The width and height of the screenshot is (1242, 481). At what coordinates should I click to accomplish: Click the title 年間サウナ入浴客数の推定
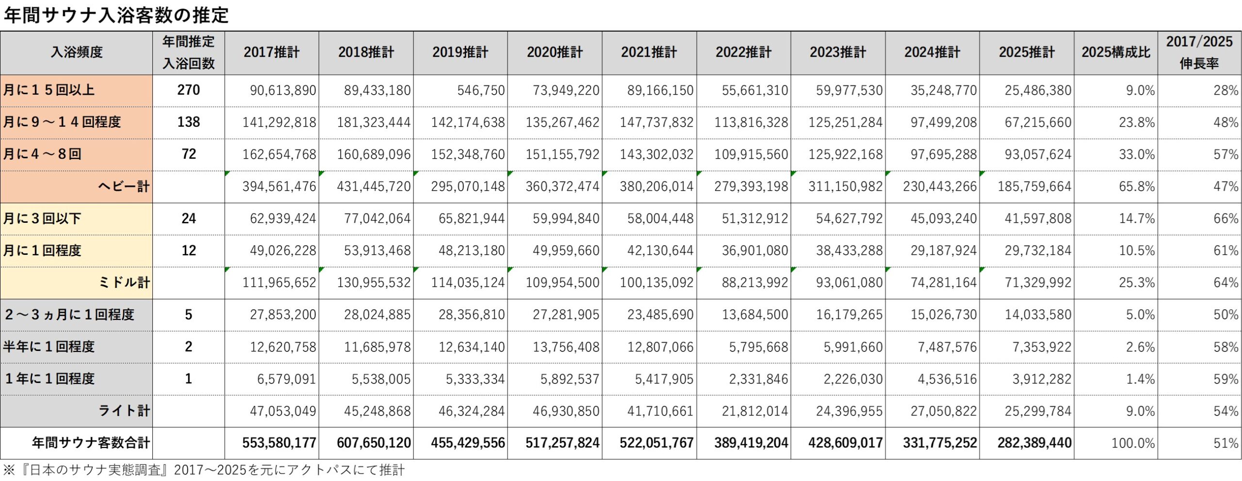[x=116, y=16]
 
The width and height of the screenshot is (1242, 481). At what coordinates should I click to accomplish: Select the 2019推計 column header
[x=460, y=52]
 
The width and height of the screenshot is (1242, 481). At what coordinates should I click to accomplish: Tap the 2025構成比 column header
[x=1115, y=52]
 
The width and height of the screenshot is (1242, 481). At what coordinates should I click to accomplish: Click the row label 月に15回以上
[x=49, y=90]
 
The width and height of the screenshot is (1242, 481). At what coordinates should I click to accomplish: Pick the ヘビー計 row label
[x=123, y=186]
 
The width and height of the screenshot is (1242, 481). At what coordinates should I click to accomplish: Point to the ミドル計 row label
[x=124, y=282]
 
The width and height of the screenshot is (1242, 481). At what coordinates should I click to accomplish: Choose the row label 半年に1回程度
[x=49, y=347]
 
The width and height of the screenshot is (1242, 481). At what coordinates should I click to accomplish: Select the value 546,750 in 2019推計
[x=480, y=90]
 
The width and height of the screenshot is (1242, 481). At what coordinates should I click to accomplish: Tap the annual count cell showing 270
[x=188, y=90]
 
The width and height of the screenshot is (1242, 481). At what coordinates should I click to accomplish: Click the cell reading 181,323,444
[x=374, y=122]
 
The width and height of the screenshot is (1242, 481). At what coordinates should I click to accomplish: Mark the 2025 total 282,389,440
[x=1034, y=443]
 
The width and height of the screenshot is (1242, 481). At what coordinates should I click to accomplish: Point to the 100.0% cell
[x=1133, y=443]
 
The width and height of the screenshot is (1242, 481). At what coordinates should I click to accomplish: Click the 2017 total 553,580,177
[x=279, y=443]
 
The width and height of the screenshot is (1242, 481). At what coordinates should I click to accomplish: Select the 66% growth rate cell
[x=1226, y=218]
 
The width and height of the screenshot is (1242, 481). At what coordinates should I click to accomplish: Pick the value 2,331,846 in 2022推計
[x=758, y=379]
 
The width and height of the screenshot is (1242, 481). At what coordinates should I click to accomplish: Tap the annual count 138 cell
[x=188, y=122]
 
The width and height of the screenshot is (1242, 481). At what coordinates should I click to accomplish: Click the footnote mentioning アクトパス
[x=204, y=470]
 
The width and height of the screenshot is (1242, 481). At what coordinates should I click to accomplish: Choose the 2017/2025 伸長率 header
[x=1199, y=52]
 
